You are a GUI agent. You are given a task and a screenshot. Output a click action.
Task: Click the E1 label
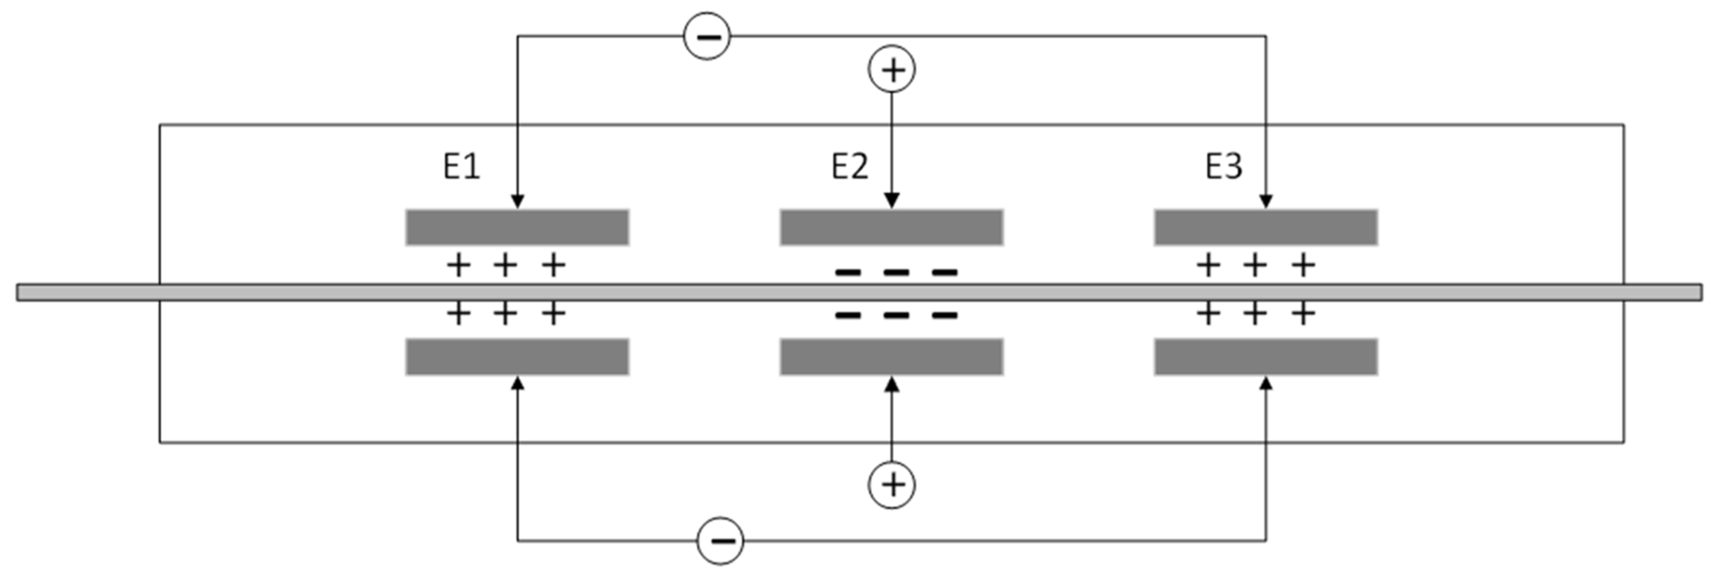461,166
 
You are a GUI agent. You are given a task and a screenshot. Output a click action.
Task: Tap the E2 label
849,166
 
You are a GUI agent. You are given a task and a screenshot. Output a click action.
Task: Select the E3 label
1224,166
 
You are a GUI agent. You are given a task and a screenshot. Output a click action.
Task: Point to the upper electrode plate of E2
891,227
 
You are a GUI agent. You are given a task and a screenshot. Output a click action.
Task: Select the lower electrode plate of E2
891,357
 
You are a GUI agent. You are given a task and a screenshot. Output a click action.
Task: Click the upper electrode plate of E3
1265,227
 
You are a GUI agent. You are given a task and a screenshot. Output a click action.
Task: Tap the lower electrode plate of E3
1265,357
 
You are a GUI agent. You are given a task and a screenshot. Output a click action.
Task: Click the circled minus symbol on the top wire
708,36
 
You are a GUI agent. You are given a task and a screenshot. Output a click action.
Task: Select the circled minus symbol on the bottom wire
720,541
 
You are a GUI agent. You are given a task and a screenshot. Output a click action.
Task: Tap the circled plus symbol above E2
892,69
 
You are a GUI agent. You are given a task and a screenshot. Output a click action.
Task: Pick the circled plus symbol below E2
891,485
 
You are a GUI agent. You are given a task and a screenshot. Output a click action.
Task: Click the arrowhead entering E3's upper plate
1266,201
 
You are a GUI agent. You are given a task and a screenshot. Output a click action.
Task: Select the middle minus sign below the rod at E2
896,315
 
